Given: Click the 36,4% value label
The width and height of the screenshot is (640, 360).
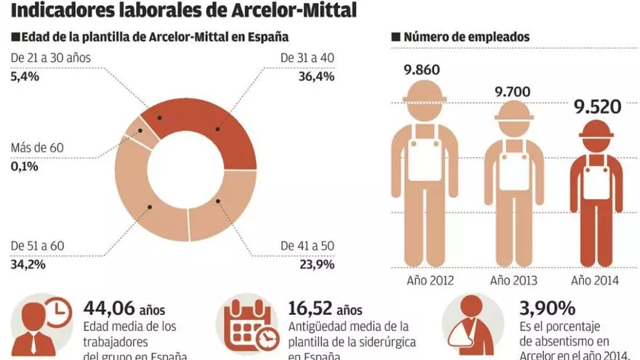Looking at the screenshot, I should pyautogui.click(x=317, y=76).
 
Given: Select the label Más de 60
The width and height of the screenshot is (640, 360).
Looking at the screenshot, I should pyautogui.click(x=37, y=148).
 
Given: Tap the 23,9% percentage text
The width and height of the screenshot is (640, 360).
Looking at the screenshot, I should pyautogui.click(x=317, y=264).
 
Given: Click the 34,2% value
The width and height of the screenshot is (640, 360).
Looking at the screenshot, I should pyautogui.click(x=28, y=264).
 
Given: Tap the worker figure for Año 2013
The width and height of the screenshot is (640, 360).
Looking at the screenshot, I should pyautogui.click(x=515, y=185).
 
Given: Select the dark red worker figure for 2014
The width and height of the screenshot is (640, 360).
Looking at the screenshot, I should pyautogui.click(x=596, y=196).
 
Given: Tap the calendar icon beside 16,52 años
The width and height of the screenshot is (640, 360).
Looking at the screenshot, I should pyautogui.click(x=247, y=327).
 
